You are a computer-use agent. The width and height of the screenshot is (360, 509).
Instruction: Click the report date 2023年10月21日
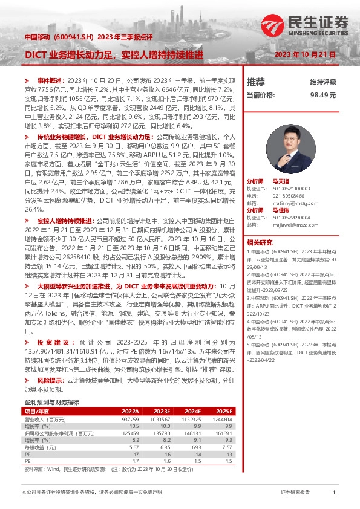click(x=305, y=54)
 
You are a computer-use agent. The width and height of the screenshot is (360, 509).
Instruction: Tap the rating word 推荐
click(x=256, y=82)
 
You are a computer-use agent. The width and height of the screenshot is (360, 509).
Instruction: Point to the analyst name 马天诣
click(x=281, y=181)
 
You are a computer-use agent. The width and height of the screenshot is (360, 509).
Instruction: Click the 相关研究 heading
click(x=260, y=242)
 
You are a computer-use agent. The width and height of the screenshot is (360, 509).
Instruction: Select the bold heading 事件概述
click(x=51, y=80)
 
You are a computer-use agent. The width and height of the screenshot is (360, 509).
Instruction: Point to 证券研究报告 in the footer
click(x=295, y=493)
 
